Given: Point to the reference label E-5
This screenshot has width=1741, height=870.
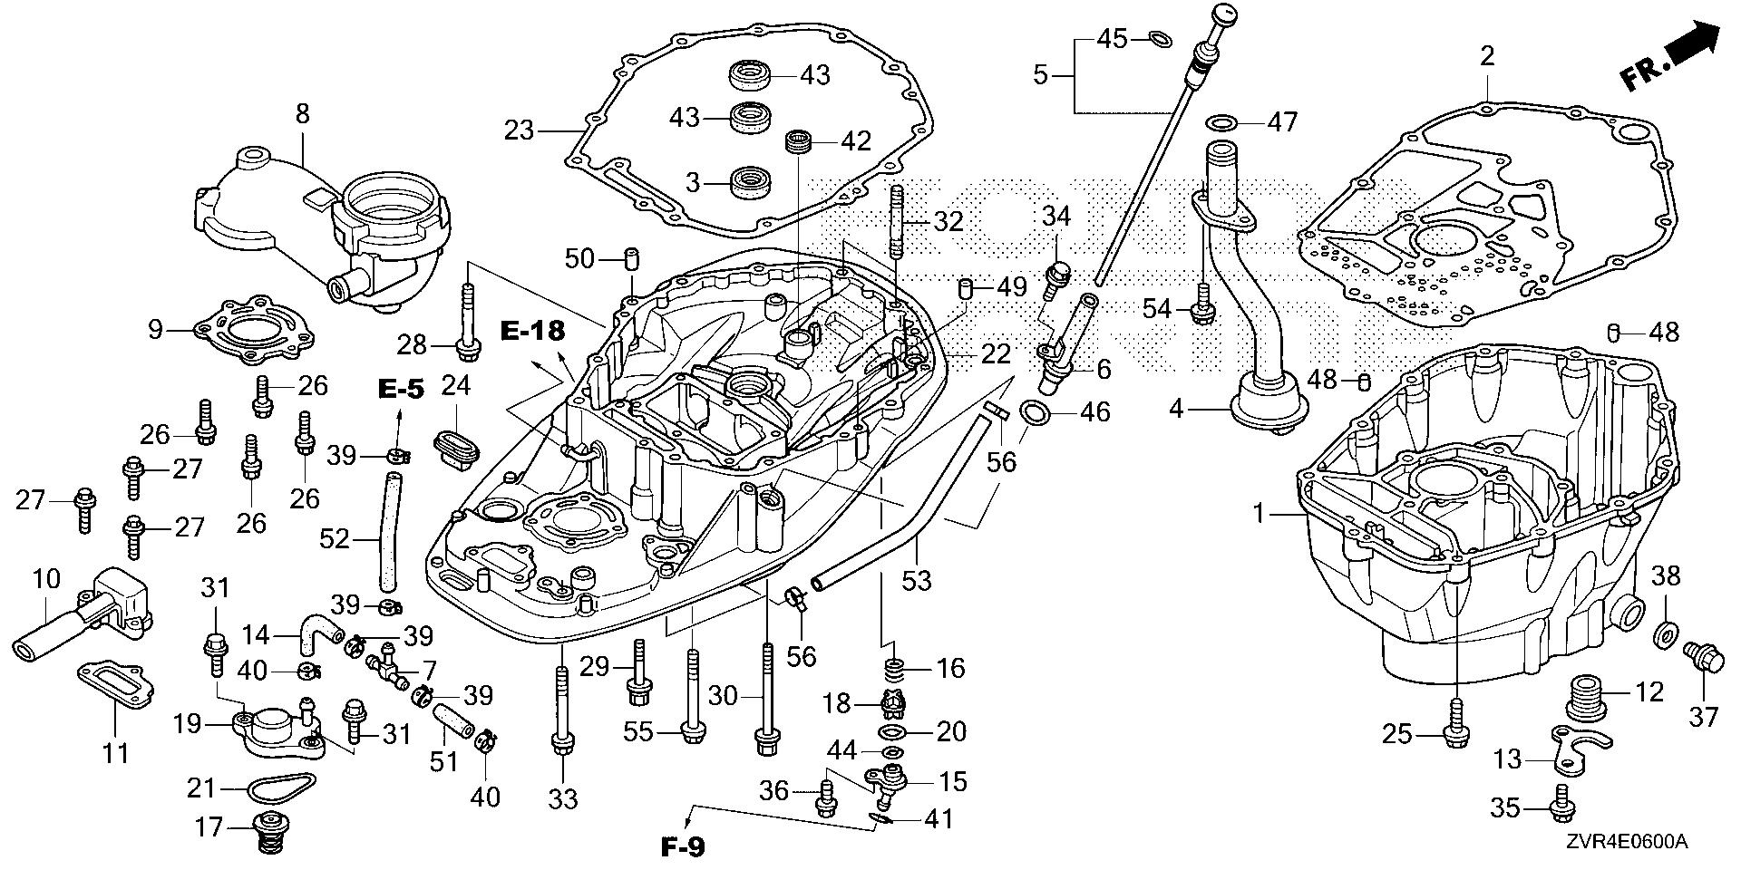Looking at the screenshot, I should (401, 389).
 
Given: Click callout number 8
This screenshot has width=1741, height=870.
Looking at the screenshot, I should (302, 113).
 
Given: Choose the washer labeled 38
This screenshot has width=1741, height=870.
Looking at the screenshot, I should (1665, 635).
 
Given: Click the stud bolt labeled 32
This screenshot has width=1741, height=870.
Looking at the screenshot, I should (897, 222).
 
